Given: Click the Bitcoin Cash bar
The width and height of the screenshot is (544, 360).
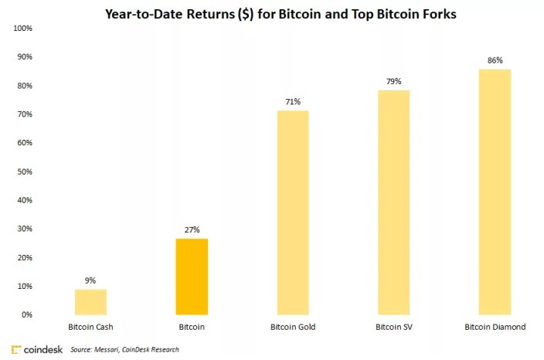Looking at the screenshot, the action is (90, 302).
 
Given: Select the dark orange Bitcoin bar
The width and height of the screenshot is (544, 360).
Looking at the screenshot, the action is (192, 277).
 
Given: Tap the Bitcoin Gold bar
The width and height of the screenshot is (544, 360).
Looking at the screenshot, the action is (293, 213).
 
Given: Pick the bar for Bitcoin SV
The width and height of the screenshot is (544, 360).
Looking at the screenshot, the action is (394, 202).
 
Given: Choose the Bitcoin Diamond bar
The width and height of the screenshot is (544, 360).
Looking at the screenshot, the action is (495, 192).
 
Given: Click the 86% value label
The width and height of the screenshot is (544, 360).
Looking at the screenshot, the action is (495, 60).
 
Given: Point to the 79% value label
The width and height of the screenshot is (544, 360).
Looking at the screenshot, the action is (394, 82).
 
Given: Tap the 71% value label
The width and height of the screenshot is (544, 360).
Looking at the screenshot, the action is (293, 102).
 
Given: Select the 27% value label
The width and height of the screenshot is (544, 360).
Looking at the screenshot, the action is (192, 229).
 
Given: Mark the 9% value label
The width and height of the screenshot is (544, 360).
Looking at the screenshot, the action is (90, 280).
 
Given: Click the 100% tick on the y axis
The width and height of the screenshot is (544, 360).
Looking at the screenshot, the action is (23, 29).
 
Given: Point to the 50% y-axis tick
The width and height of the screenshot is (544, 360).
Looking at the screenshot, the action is (25, 172).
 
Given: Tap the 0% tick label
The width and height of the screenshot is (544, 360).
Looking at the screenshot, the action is (27, 314).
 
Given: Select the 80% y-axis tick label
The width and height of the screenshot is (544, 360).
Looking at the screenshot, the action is (25, 86).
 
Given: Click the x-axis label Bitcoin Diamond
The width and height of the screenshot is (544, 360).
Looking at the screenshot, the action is (495, 327).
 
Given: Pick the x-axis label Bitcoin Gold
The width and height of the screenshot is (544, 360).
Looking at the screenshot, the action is (293, 327).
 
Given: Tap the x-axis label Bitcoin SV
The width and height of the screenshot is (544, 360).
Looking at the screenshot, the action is (394, 327).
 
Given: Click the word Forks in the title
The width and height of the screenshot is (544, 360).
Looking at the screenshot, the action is (439, 14).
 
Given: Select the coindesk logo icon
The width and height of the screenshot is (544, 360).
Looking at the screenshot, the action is (16, 350).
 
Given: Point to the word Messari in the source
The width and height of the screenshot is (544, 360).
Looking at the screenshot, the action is (106, 350).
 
